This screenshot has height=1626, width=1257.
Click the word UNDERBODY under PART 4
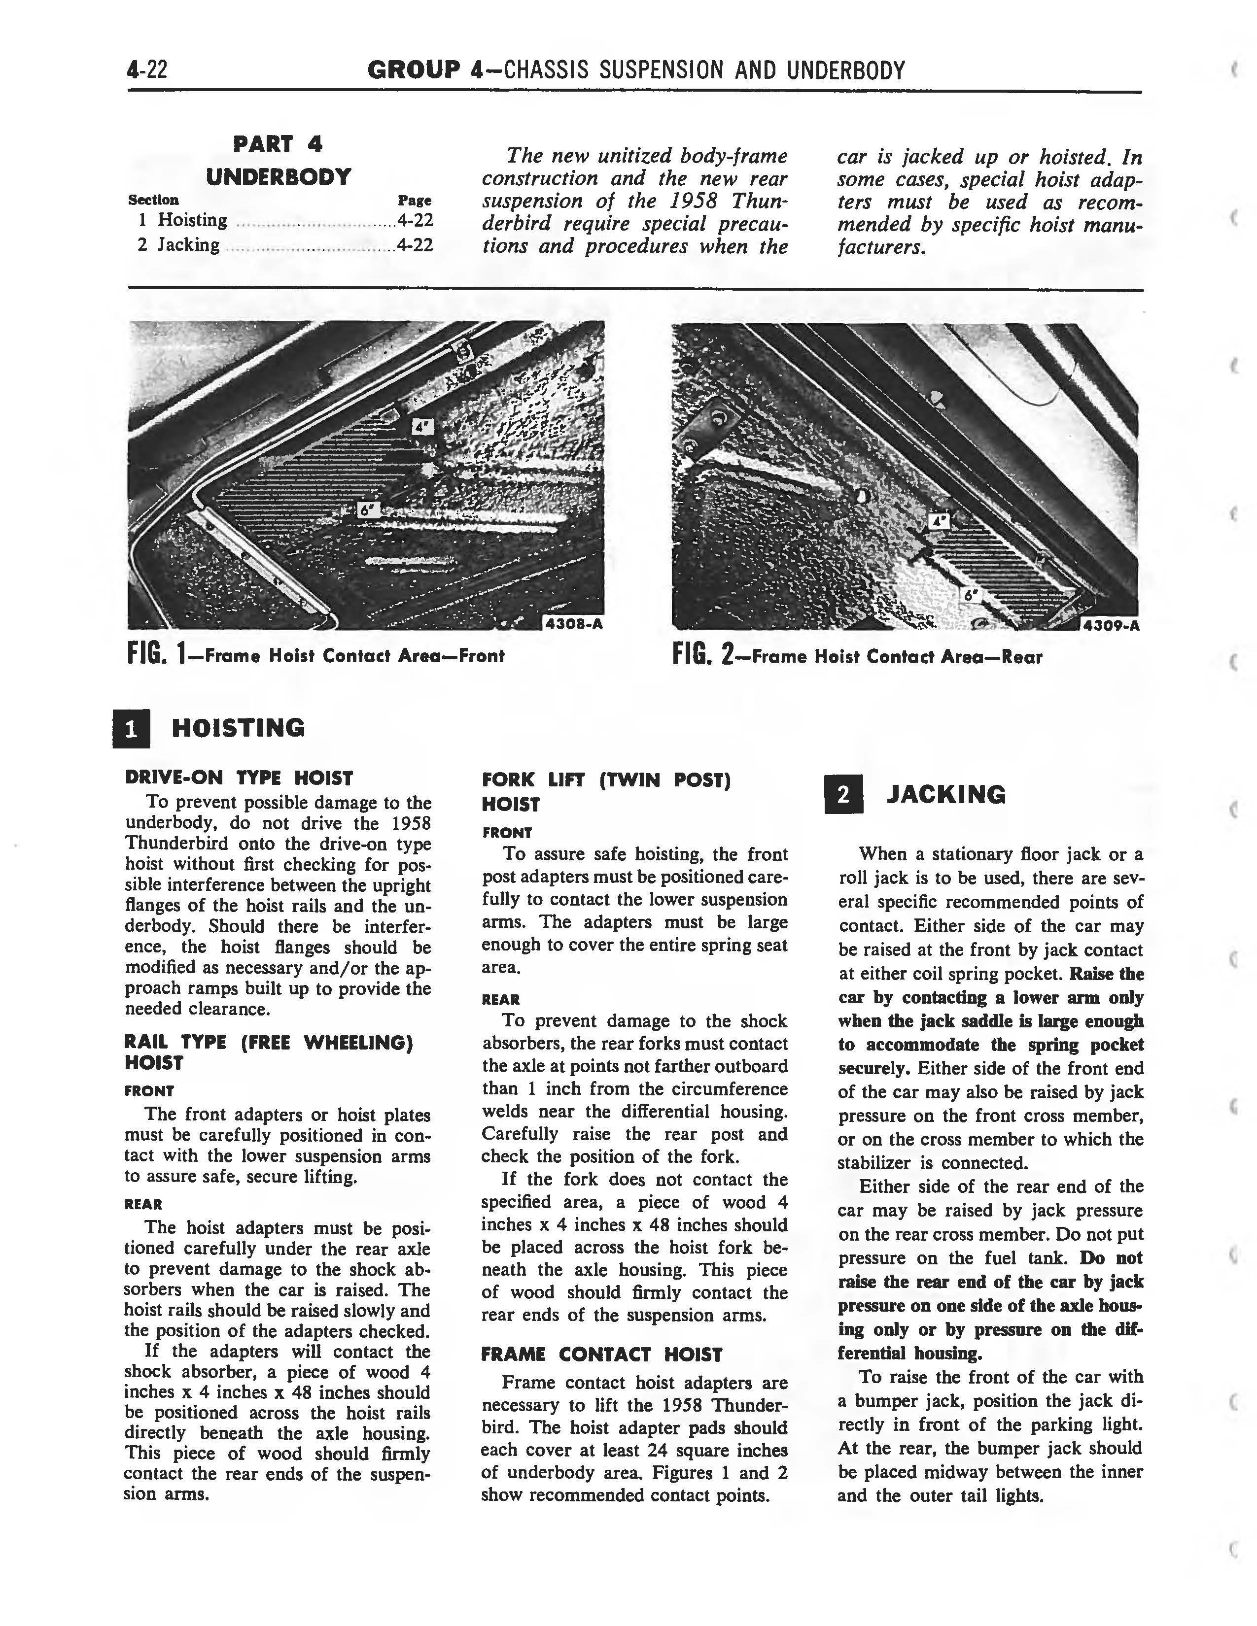[279, 177]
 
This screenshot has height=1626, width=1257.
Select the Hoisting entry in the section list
[192, 220]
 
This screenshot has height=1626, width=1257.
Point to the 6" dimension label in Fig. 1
[368, 510]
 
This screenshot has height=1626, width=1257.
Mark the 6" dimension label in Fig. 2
[969, 596]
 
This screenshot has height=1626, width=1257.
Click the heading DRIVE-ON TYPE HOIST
[238, 778]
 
